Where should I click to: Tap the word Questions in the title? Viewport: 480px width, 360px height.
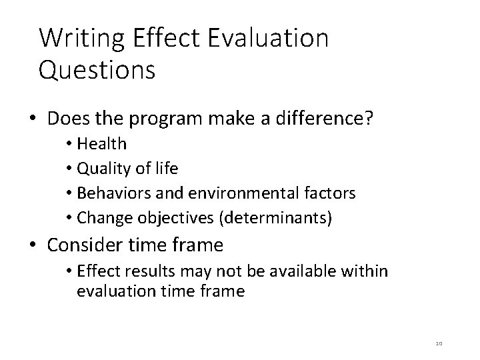pyautogui.click(x=97, y=70)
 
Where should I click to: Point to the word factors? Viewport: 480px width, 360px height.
pyautogui.click(x=331, y=193)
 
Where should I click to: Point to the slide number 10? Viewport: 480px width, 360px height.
pyautogui.click(x=438, y=343)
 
